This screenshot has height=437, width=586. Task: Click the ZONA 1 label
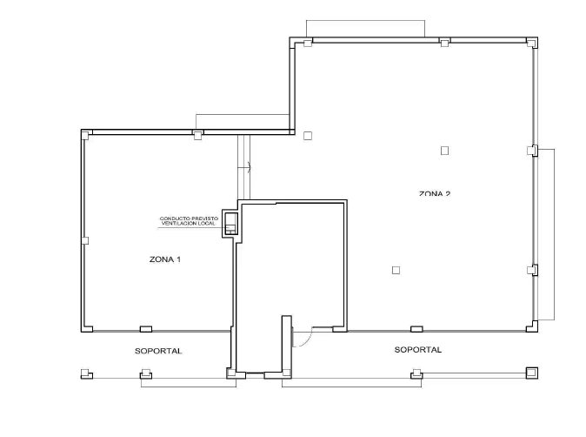(x=165, y=259)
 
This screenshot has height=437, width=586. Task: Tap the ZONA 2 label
(x=435, y=193)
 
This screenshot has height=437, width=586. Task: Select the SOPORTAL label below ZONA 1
(x=158, y=351)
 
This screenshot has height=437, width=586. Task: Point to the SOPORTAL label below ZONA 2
(x=418, y=350)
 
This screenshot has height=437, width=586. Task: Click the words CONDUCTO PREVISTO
(x=189, y=218)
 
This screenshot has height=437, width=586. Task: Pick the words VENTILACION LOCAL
(x=189, y=224)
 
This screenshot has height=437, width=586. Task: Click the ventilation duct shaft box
(x=230, y=224)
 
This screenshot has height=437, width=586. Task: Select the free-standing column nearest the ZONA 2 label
(x=444, y=151)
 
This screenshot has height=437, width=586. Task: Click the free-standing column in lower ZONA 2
(x=396, y=270)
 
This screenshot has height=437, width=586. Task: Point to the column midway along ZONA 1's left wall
(x=85, y=240)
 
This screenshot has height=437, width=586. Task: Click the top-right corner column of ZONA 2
(x=532, y=43)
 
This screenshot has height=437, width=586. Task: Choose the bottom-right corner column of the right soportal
(x=532, y=373)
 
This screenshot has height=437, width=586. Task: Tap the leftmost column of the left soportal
(x=86, y=373)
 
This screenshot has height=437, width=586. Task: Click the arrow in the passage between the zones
(x=250, y=167)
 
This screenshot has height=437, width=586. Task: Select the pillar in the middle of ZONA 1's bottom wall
(x=146, y=329)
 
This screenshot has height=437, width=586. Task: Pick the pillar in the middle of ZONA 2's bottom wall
(x=416, y=329)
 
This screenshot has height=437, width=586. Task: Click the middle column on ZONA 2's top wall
(x=444, y=42)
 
